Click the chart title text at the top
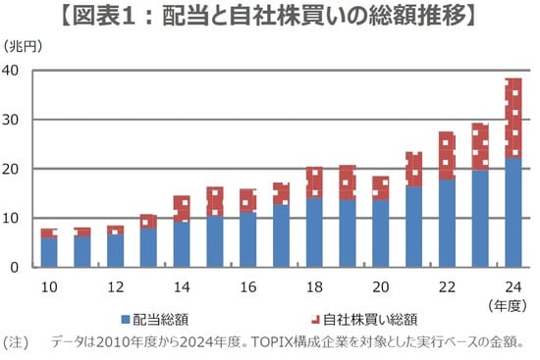(270, 16)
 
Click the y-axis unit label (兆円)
(22, 46)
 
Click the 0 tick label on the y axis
(16, 267)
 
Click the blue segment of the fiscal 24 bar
(513, 212)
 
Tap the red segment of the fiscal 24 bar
(513, 118)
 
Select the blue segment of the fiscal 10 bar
(48, 251)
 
